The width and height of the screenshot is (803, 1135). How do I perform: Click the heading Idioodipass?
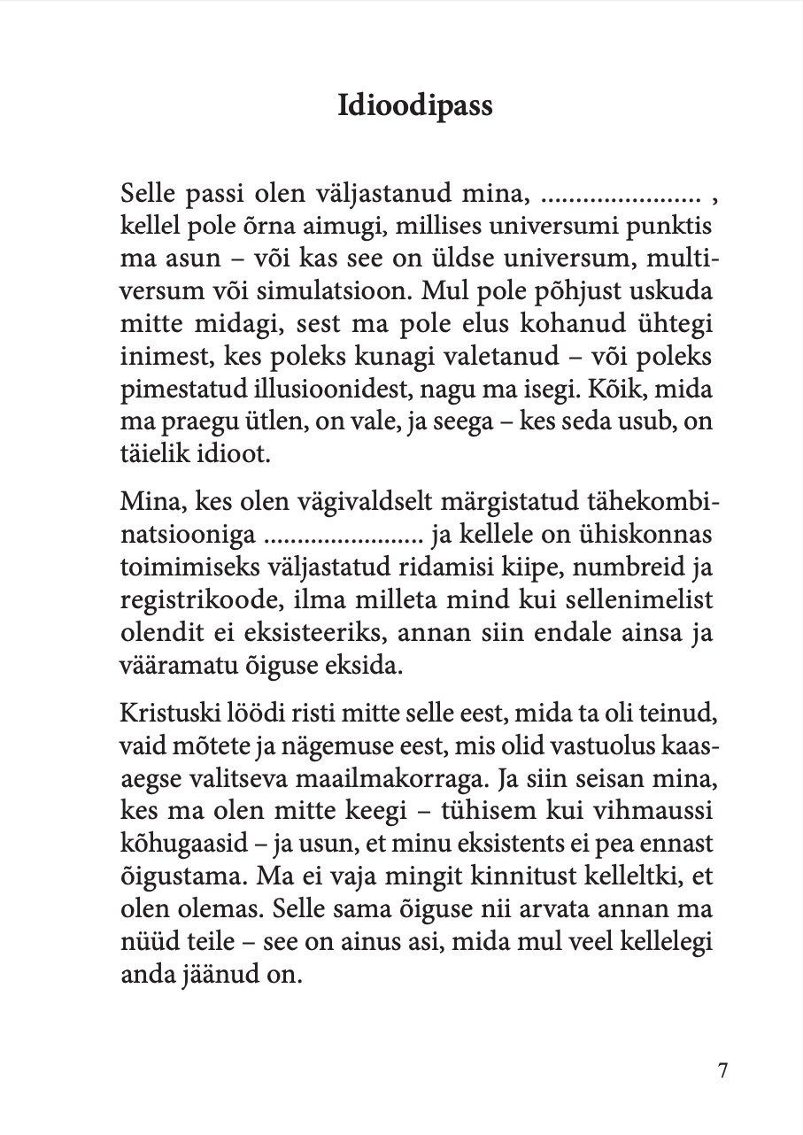point(415,106)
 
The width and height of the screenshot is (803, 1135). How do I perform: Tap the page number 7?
point(722,1070)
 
